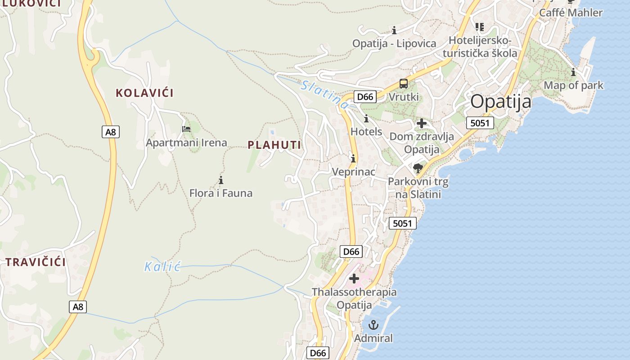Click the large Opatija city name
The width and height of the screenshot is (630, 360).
click(x=500, y=102)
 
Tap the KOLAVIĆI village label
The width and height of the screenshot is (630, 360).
click(x=144, y=93)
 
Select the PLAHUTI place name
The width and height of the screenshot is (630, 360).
click(x=274, y=145)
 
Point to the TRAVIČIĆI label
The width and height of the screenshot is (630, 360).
click(x=36, y=262)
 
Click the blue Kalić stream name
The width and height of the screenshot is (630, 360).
click(x=162, y=267)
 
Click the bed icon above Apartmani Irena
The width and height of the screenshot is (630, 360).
click(x=186, y=129)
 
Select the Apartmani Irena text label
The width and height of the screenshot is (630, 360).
click(x=186, y=143)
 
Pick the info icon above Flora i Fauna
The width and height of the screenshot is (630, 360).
click(x=221, y=180)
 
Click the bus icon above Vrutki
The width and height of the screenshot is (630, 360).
click(x=404, y=84)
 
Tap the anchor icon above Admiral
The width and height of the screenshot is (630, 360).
click(x=373, y=325)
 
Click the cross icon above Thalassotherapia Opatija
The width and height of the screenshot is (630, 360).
click(x=354, y=279)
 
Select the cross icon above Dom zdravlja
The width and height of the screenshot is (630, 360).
click(x=421, y=123)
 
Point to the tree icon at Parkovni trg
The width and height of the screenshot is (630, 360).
click(x=418, y=169)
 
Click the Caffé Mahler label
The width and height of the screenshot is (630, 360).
click(x=571, y=13)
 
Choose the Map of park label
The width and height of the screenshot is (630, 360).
click(x=573, y=85)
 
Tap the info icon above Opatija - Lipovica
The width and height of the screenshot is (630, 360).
click(x=394, y=31)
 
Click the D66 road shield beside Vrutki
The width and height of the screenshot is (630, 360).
click(x=364, y=97)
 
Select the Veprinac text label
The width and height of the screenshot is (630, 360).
click(x=353, y=172)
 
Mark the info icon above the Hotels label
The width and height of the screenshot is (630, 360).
click(x=366, y=119)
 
